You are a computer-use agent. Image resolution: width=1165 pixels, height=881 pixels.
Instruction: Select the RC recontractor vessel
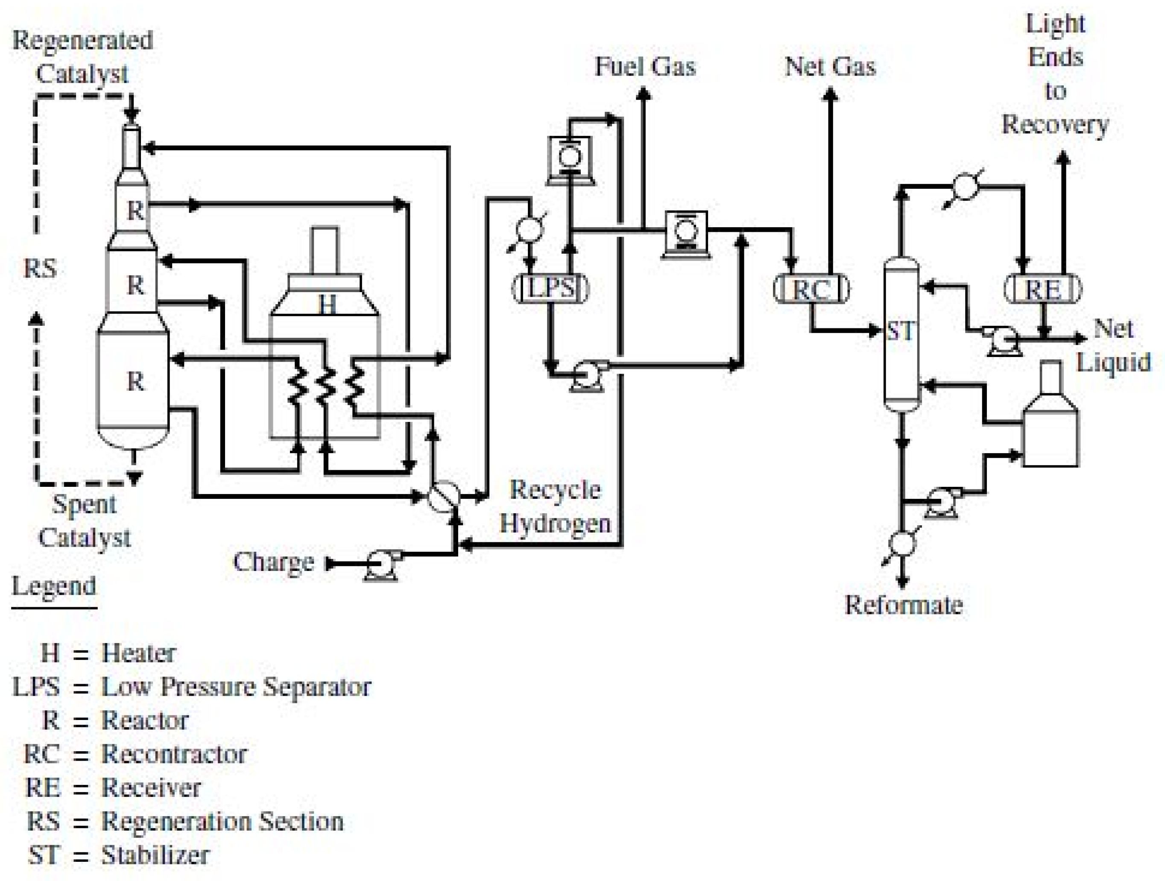[811, 289]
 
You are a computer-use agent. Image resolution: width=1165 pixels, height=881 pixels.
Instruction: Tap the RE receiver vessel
[1043, 289]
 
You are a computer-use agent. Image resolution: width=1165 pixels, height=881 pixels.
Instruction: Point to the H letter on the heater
[327, 304]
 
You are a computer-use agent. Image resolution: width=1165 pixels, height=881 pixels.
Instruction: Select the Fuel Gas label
[645, 67]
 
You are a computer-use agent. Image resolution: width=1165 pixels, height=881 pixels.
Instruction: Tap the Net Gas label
[830, 67]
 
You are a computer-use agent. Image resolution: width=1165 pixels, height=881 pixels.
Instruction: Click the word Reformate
[903, 605]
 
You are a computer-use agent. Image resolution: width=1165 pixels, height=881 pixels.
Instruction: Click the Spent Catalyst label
[84, 521]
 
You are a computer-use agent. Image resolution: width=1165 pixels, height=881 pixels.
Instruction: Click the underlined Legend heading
[54, 586]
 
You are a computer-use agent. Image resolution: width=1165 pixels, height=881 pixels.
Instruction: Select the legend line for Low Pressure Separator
[192, 687]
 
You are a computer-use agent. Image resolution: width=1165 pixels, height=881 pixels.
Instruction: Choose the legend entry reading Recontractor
[136, 754]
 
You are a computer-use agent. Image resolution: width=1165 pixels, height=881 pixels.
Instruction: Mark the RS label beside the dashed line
[40, 269]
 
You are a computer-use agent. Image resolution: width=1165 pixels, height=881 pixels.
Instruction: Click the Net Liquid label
[1113, 345]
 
